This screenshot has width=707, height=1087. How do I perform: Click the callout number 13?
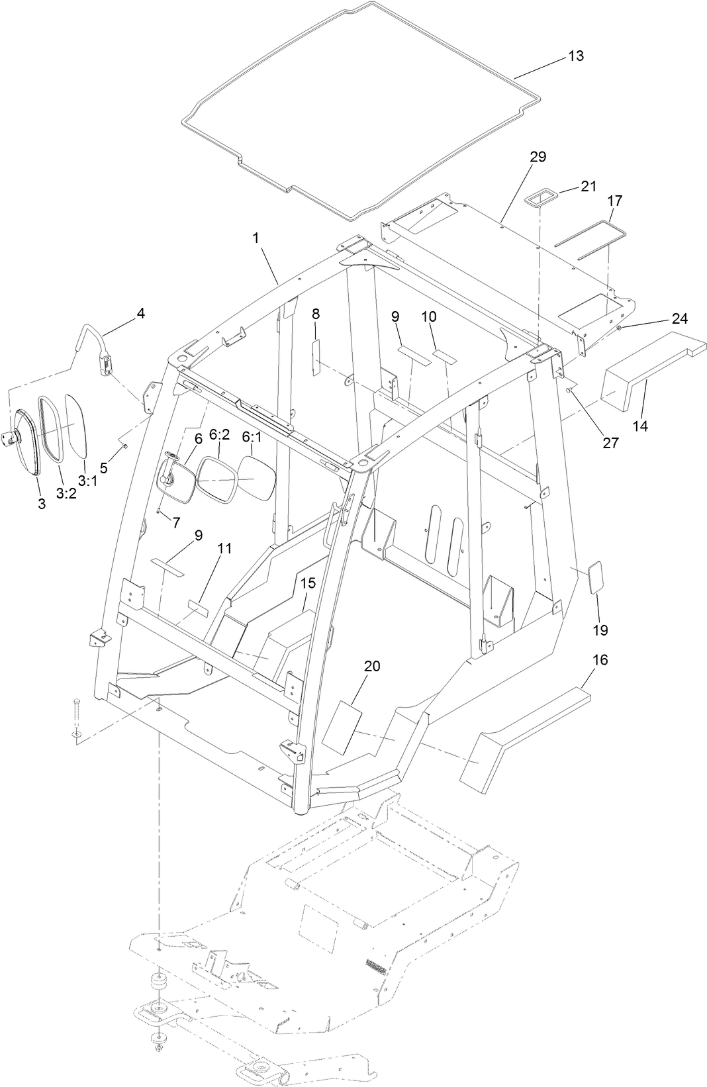576,56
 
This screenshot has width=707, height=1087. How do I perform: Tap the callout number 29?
538,157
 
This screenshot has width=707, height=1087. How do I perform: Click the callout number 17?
614,199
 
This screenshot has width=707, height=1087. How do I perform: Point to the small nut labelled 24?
619,328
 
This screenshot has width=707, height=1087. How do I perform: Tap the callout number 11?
225,548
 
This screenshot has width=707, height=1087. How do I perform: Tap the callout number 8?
316,313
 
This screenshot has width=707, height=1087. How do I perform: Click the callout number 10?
429,316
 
